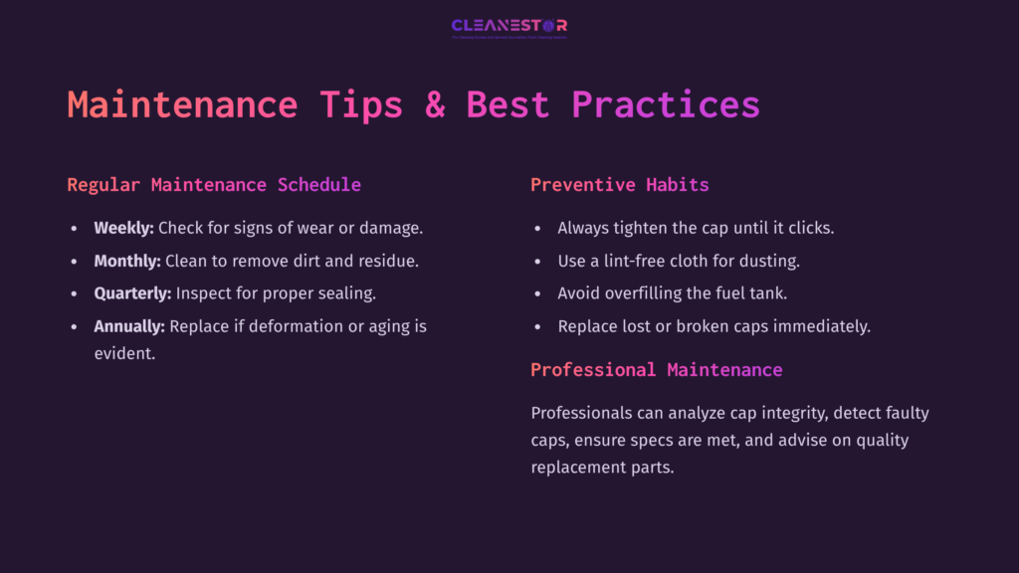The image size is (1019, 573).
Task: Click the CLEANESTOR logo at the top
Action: [x=509, y=27]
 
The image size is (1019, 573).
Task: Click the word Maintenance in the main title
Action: [x=182, y=104]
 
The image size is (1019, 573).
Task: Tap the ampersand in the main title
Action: [x=435, y=104]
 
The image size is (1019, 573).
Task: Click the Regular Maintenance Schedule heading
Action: [x=214, y=185]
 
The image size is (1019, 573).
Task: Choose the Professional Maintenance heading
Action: [x=656, y=370]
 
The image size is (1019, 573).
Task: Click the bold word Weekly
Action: [x=123, y=228]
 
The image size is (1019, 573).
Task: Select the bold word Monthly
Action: [x=126, y=261]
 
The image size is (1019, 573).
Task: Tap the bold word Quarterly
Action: [x=132, y=293]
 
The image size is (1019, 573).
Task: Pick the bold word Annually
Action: [x=129, y=326]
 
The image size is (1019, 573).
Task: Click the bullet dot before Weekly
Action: [x=74, y=229]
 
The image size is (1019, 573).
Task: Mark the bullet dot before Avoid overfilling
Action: [x=537, y=294]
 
